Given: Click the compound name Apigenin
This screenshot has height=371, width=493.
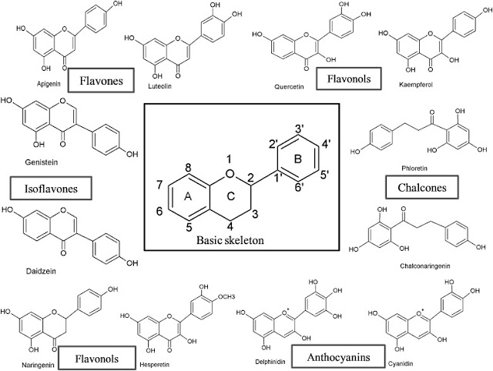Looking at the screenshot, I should (x=44, y=80).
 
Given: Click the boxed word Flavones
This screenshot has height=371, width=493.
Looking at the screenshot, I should (x=99, y=80).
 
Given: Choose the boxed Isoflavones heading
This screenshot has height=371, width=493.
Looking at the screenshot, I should (x=47, y=187).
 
